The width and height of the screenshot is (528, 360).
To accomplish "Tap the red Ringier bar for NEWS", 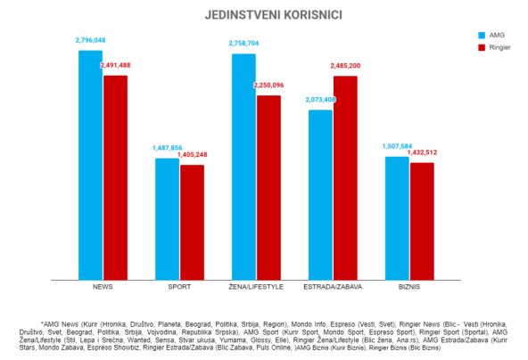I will click(x=115, y=177).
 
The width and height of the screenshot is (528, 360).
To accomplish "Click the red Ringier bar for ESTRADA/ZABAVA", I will click(x=345, y=177).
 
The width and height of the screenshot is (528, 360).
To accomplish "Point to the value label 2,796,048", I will click(x=90, y=40).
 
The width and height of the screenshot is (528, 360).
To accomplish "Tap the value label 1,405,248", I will click(x=192, y=155).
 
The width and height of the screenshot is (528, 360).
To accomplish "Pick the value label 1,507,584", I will click(x=397, y=147).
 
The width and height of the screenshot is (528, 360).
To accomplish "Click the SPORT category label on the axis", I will click(x=179, y=287).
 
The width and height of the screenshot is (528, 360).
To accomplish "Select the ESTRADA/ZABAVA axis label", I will click(x=333, y=287).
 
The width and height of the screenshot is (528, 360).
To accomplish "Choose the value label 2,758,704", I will click(x=243, y=43).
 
